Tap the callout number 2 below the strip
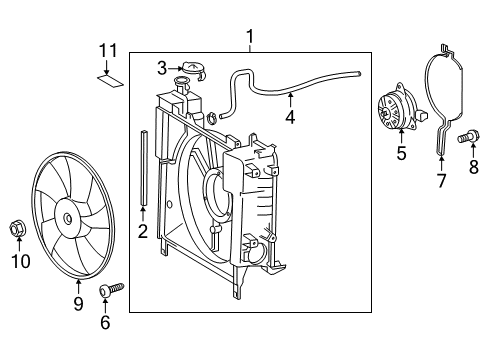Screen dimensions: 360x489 click(x=142, y=232)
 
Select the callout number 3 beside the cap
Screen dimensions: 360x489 click(x=161, y=67)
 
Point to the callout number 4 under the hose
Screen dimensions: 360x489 click(x=290, y=117)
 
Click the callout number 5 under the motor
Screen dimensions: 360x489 click(x=401, y=153)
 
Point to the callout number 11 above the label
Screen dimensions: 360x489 click(x=110, y=50)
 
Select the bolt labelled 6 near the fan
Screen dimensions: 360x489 click(x=108, y=291)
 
